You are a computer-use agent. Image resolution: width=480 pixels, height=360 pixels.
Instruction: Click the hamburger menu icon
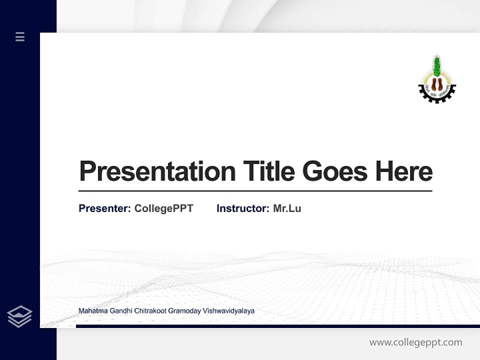(x=20, y=36)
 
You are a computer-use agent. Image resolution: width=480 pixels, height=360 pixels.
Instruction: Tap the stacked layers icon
(x=19, y=316)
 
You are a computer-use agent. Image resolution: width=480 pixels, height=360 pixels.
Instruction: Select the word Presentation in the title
(x=157, y=171)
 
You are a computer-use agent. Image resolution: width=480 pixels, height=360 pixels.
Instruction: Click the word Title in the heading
(x=269, y=171)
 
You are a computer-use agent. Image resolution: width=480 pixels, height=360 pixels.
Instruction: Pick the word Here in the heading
(x=404, y=171)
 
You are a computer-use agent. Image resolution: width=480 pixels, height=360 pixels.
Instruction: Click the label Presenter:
(x=104, y=208)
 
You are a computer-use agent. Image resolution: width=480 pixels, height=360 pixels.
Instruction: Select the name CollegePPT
(x=164, y=208)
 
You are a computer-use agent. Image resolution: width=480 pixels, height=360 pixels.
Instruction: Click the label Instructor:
(x=242, y=208)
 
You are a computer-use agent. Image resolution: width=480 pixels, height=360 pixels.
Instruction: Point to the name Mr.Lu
(x=287, y=208)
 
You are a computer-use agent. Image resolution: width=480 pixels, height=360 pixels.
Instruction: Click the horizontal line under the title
(x=255, y=190)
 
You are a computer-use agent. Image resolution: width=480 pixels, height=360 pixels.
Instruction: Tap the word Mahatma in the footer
(x=91, y=311)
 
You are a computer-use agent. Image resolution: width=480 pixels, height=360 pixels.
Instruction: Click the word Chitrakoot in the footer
(x=150, y=311)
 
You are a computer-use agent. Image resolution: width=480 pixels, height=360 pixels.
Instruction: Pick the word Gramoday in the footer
(x=184, y=311)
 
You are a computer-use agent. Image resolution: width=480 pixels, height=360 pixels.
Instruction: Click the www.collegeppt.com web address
(x=415, y=342)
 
